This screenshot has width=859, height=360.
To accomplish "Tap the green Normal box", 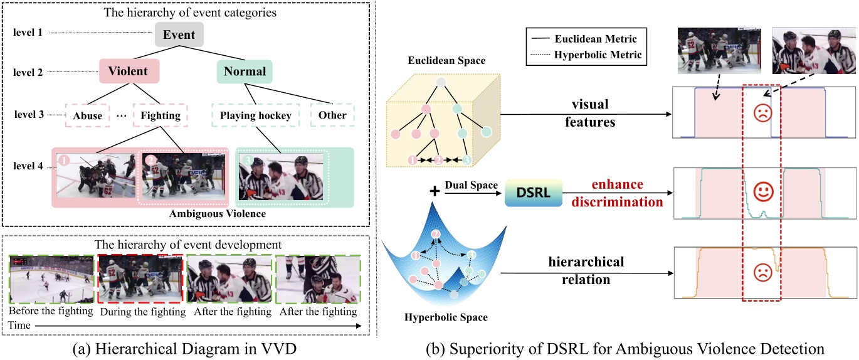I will click(x=245, y=71).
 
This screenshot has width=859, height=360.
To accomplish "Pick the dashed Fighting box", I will click(x=161, y=115).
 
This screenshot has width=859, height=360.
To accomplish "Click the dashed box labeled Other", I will click(x=332, y=115).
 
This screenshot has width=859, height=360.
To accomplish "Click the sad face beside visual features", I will click(x=762, y=114).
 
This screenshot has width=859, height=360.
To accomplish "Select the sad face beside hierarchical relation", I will click(x=762, y=273).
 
